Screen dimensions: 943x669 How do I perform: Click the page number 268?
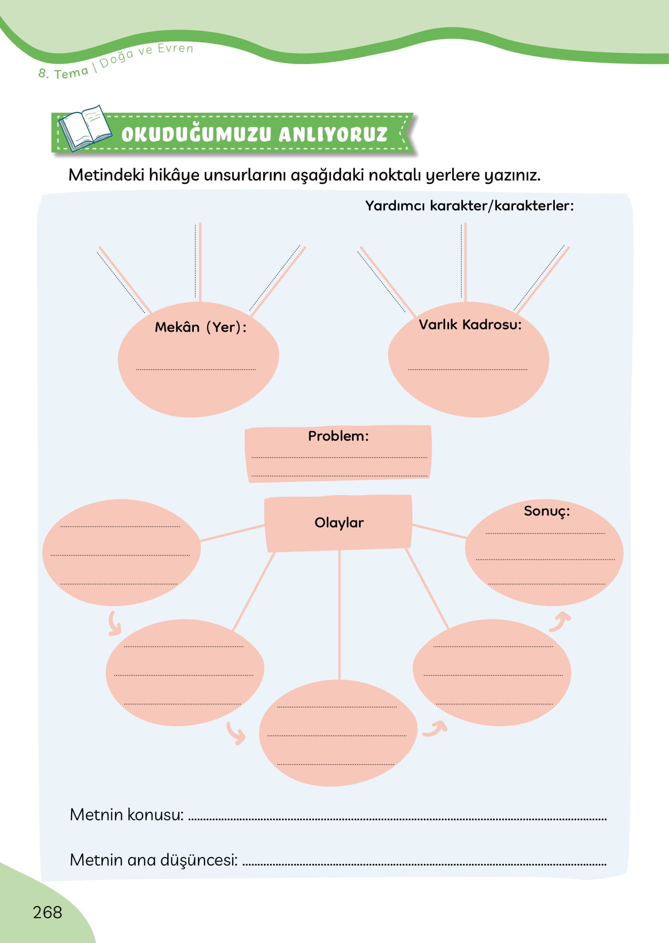point(47,912)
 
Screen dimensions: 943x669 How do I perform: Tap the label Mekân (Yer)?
point(201,327)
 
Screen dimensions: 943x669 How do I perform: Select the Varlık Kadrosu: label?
point(470,324)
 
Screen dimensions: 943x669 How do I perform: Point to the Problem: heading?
point(338,436)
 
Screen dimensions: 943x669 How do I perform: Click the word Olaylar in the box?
point(339,522)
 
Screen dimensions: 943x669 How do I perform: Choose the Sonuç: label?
point(547,511)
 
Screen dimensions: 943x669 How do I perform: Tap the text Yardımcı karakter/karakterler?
point(470,205)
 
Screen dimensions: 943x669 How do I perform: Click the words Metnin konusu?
point(127,815)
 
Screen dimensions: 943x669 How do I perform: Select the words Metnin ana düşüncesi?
point(154,860)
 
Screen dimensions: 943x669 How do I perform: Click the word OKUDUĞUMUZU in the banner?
point(196,135)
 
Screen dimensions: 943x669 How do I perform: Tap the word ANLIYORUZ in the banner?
point(333,135)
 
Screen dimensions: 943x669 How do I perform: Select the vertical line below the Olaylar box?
point(339,614)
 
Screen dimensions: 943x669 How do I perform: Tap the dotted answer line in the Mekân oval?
point(196,369)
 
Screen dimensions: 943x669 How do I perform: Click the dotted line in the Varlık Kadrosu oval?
point(467,369)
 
